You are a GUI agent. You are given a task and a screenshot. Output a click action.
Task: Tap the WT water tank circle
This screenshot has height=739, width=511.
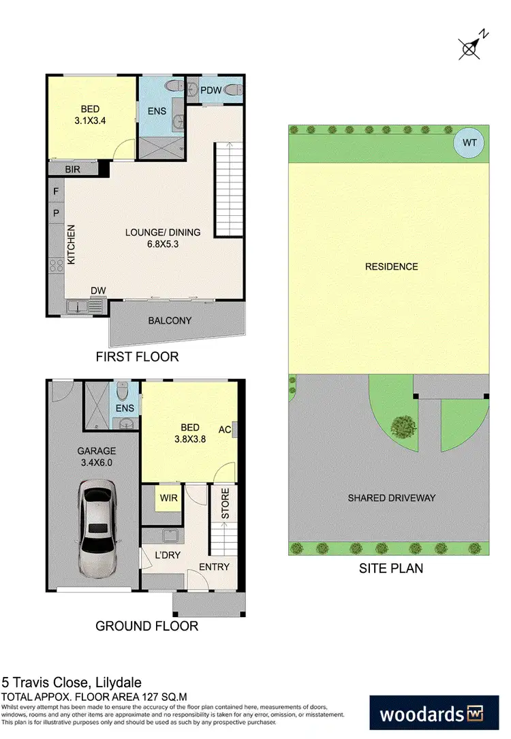pyautogui.click(x=470, y=143)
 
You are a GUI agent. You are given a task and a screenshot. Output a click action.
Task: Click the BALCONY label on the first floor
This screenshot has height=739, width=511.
pyautogui.click(x=170, y=320)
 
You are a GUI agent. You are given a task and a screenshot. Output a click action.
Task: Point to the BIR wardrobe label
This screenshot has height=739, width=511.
pyautogui.click(x=74, y=168)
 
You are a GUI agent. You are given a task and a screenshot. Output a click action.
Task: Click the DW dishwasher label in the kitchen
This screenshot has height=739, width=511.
pyautogui.click(x=98, y=291)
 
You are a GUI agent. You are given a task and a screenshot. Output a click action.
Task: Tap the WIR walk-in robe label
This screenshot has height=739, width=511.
pyautogui.click(x=168, y=498)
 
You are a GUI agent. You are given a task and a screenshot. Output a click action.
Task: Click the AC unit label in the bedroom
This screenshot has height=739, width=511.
pyautogui.click(x=224, y=430)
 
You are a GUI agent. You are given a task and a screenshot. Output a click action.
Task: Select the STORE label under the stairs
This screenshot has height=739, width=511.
pyautogui.click(x=224, y=504)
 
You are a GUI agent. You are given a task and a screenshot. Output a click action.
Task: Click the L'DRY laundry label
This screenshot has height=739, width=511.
pyautogui.click(x=167, y=555)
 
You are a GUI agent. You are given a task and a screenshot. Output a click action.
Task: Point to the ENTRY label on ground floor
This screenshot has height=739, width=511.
pyautogui.click(x=214, y=567)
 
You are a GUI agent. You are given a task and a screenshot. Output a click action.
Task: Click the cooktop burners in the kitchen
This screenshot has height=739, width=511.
pyautogui.click(x=55, y=267)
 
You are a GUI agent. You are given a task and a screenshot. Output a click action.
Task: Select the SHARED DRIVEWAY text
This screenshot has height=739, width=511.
pyautogui.click(x=391, y=497)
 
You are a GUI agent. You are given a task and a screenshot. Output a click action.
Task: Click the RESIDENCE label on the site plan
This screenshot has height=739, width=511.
pyautogui.click(x=391, y=266)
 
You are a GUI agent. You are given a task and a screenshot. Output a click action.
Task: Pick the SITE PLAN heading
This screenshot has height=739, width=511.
pyautogui.click(x=391, y=568)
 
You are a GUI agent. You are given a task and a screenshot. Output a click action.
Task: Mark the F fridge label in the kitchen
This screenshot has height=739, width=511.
pyautogui.click(x=56, y=192)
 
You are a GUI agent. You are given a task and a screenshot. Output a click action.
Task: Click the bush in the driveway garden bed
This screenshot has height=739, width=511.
pyautogui.click(x=402, y=427)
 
